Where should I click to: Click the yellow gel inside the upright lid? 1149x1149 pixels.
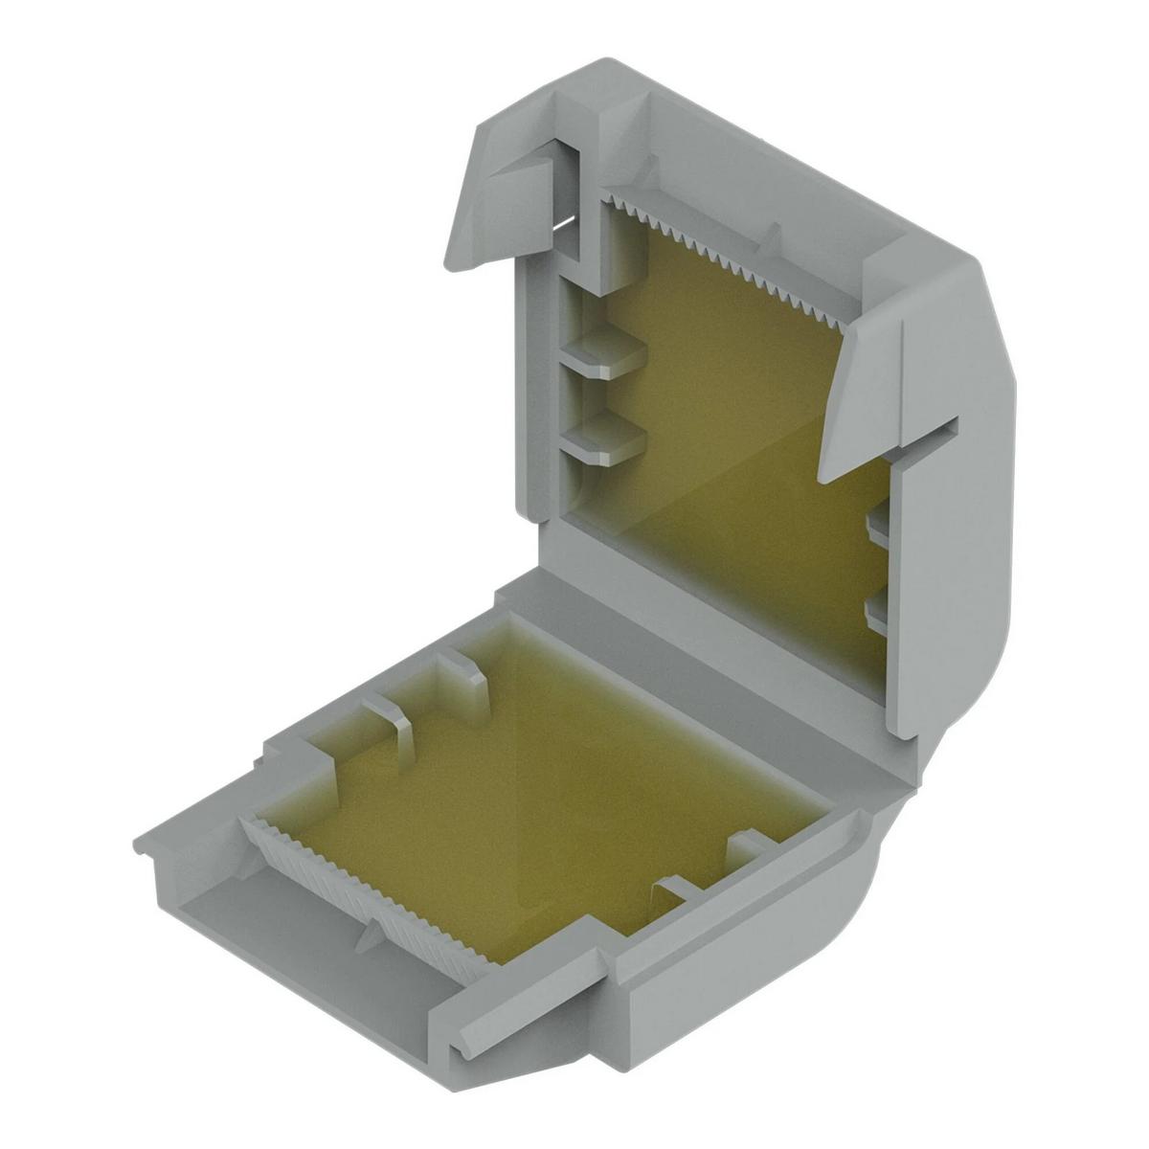(728, 431)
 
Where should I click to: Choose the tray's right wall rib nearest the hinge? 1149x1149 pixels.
(752, 847)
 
